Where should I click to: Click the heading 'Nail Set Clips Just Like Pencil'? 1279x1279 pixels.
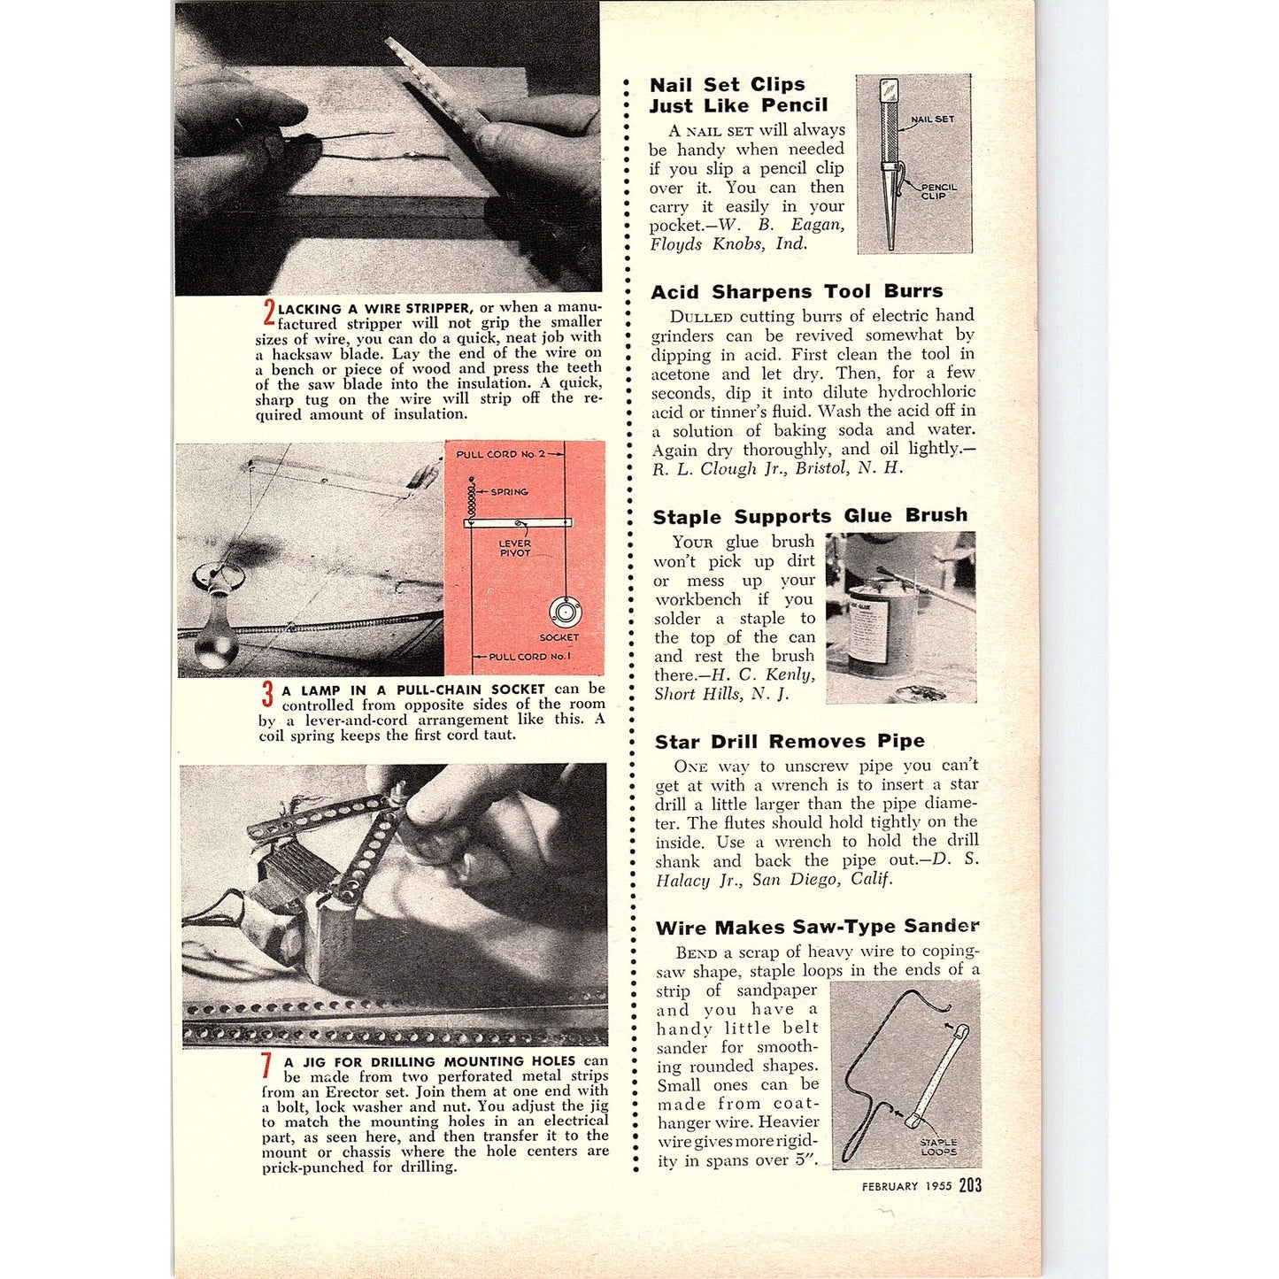737,95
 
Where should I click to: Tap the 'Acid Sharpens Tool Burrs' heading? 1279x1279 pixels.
797,291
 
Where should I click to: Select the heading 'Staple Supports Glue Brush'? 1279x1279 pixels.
809,516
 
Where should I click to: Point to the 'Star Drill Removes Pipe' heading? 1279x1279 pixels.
790,741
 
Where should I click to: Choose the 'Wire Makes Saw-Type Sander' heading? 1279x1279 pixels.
817,927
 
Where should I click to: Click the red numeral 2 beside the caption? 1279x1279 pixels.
269,312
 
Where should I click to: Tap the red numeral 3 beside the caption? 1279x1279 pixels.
267,694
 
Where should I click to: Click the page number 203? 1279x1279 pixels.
970,1185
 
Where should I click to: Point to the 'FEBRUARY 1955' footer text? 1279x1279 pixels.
906,1187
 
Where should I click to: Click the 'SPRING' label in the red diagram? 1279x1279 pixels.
509,491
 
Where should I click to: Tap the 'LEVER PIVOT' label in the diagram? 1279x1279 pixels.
514,548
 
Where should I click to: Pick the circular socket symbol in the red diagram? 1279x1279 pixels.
564,612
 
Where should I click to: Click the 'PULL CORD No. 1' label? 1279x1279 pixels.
529,657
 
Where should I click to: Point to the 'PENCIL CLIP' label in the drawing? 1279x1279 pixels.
937,191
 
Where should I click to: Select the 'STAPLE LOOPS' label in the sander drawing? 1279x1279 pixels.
938,1147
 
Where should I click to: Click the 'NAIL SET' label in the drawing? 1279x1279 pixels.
932,119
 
